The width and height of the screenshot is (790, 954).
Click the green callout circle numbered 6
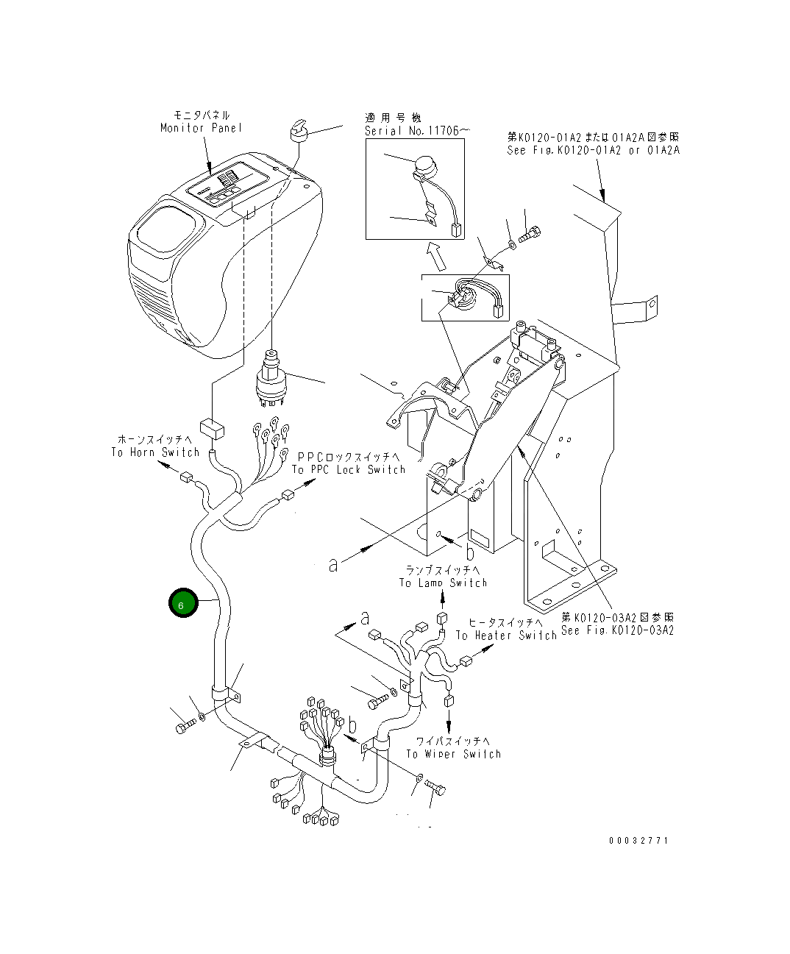click(183, 603)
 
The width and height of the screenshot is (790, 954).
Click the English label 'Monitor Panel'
click(201, 128)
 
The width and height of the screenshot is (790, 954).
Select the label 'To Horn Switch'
click(155, 452)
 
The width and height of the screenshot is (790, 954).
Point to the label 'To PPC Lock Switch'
click(349, 469)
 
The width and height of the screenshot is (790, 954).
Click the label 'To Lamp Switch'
click(443, 583)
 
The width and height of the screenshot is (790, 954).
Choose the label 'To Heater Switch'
click(506, 635)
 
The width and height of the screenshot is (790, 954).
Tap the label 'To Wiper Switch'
click(453, 754)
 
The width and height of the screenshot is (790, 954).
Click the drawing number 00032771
click(638, 840)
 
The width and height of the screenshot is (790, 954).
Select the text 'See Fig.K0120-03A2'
click(617, 630)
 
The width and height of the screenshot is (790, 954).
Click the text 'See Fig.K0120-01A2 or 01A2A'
click(593, 150)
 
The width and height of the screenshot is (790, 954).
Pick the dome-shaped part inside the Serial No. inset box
click(425, 165)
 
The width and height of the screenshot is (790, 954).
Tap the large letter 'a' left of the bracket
click(334, 565)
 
